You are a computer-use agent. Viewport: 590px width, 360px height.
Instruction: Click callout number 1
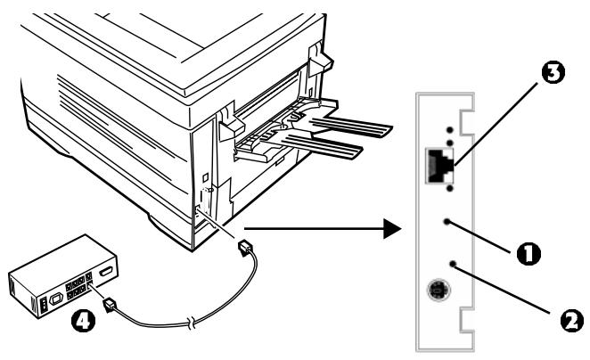[x=529, y=253]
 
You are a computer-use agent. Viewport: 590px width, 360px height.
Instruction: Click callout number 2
[x=572, y=320]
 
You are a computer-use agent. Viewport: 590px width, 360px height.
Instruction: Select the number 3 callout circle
[x=553, y=73]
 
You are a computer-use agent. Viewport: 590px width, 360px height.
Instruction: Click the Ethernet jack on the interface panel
[x=439, y=166]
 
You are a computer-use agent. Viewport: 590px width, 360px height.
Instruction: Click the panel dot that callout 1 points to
[x=447, y=222]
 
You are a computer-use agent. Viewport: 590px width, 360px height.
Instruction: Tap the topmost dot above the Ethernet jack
[x=450, y=130]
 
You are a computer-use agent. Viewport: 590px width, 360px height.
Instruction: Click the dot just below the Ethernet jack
[x=450, y=188]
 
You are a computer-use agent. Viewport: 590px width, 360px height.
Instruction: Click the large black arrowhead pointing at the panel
[x=392, y=228]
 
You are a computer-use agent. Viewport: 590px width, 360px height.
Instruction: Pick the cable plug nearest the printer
[x=245, y=249]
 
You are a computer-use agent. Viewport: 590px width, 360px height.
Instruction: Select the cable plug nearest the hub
[x=110, y=305]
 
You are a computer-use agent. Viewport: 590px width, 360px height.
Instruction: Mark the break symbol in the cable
[x=192, y=323]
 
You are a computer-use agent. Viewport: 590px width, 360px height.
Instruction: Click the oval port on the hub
[x=106, y=273]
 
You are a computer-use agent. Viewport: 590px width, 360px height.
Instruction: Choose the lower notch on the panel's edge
[x=466, y=319]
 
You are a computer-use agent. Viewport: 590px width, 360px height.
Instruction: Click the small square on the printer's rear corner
[x=205, y=176]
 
